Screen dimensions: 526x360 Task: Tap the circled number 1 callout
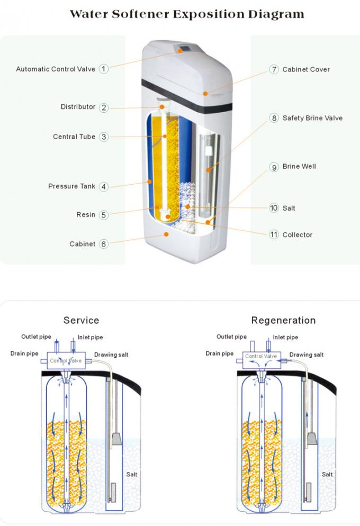click(104, 69)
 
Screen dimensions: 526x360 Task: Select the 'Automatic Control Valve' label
click(56, 69)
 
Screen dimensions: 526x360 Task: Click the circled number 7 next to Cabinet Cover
click(274, 69)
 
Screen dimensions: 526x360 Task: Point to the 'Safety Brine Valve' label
click(312, 118)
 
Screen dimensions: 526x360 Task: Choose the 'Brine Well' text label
click(299, 167)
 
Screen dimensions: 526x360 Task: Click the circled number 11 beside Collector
click(274, 234)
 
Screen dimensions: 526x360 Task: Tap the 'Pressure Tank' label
click(71, 186)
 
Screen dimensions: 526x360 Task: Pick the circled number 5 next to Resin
click(104, 215)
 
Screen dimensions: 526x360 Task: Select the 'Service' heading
click(81, 320)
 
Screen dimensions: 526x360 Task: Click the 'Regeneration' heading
click(283, 320)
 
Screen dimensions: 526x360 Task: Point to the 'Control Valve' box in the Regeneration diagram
click(261, 357)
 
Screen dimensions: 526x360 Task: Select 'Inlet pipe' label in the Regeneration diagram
click(285, 337)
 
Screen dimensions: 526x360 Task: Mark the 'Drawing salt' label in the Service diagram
click(111, 355)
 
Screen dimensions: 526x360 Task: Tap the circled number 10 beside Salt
click(274, 208)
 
